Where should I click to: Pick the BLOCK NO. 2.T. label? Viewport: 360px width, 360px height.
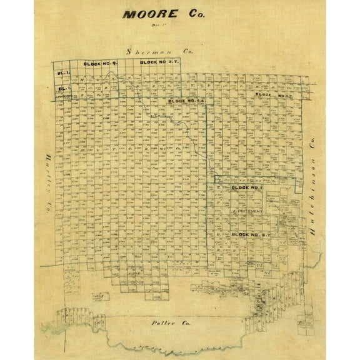point(157,62)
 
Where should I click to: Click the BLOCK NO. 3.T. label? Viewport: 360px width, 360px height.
point(270,95)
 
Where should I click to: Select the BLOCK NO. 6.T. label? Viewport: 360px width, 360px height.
point(250,234)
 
